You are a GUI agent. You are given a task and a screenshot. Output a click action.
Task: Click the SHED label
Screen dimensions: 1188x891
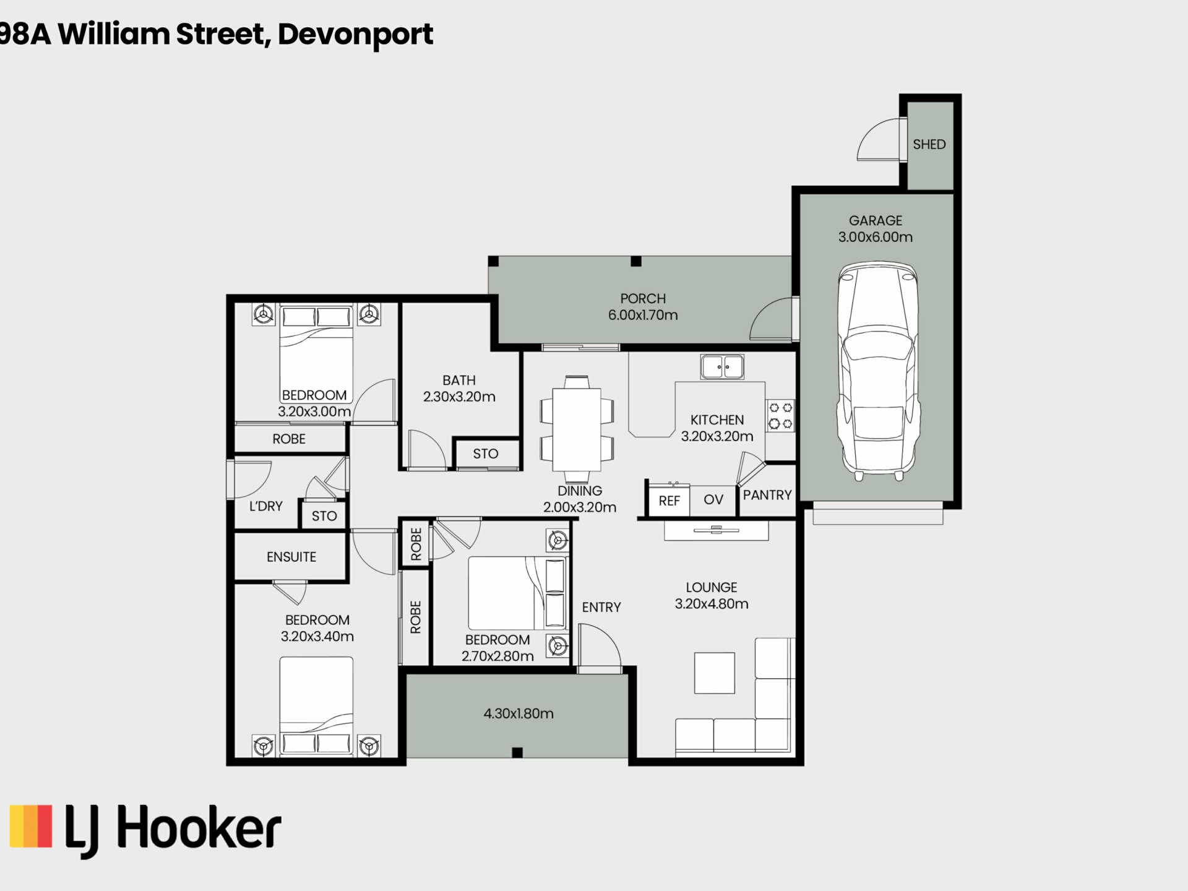pyautogui.click(x=929, y=144)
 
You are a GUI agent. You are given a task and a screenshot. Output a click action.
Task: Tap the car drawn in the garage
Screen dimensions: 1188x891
pyautogui.click(x=877, y=371)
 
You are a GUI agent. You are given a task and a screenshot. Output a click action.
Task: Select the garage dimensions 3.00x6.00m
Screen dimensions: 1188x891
pyautogui.click(x=875, y=237)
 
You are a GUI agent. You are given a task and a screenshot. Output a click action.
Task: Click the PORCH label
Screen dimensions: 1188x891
pyautogui.click(x=643, y=298)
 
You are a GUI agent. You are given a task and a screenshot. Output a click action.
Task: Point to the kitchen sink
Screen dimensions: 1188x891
pyautogui.click(x=722, y=366)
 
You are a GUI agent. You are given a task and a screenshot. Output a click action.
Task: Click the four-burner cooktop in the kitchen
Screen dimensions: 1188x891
pyautogui.click(x=780, y=416)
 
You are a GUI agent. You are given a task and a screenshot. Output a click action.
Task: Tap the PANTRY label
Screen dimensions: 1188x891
pyautogui.click(x=767, y=495)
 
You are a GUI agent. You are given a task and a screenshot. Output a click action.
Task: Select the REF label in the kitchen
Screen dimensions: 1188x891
pyautogui.click(x=669, y=501)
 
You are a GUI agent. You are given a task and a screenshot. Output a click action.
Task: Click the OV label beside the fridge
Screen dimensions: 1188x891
pyautogui.click(x=713, y=500)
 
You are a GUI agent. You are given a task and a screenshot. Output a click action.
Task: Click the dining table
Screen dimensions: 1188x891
pyautogui.click(x=577, y=429)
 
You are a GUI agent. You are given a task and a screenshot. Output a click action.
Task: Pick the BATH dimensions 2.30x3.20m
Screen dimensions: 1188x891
pyautogui.click(x=459, y=397)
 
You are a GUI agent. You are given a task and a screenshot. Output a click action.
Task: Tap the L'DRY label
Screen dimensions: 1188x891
pyautogui.click(x=266, y=506)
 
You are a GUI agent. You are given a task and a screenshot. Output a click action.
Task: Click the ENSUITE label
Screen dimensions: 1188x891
pyautogui.click(x=291, y=557)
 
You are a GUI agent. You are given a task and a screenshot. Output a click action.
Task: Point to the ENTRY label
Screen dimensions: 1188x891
pyautogui.click(x=601, y=608)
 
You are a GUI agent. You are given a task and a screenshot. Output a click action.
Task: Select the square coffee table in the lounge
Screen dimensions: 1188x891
pyautogui.click(x=715, y=673)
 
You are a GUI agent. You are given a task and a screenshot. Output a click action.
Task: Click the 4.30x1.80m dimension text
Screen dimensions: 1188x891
pyautogui.click(x=519, y=713)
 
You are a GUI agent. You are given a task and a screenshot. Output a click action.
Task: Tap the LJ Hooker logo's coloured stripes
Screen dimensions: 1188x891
pyautogui.click(x=31, y=825)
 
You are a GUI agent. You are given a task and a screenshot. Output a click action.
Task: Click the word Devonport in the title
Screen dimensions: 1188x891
pyautogui.click(x=355, y=34)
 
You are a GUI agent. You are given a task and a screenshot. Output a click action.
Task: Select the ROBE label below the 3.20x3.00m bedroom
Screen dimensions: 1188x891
pyautogui.click(x=289, y=439)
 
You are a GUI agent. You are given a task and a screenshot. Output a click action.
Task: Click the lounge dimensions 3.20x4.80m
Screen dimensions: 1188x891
pyautogui.click(x=712, y=604)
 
